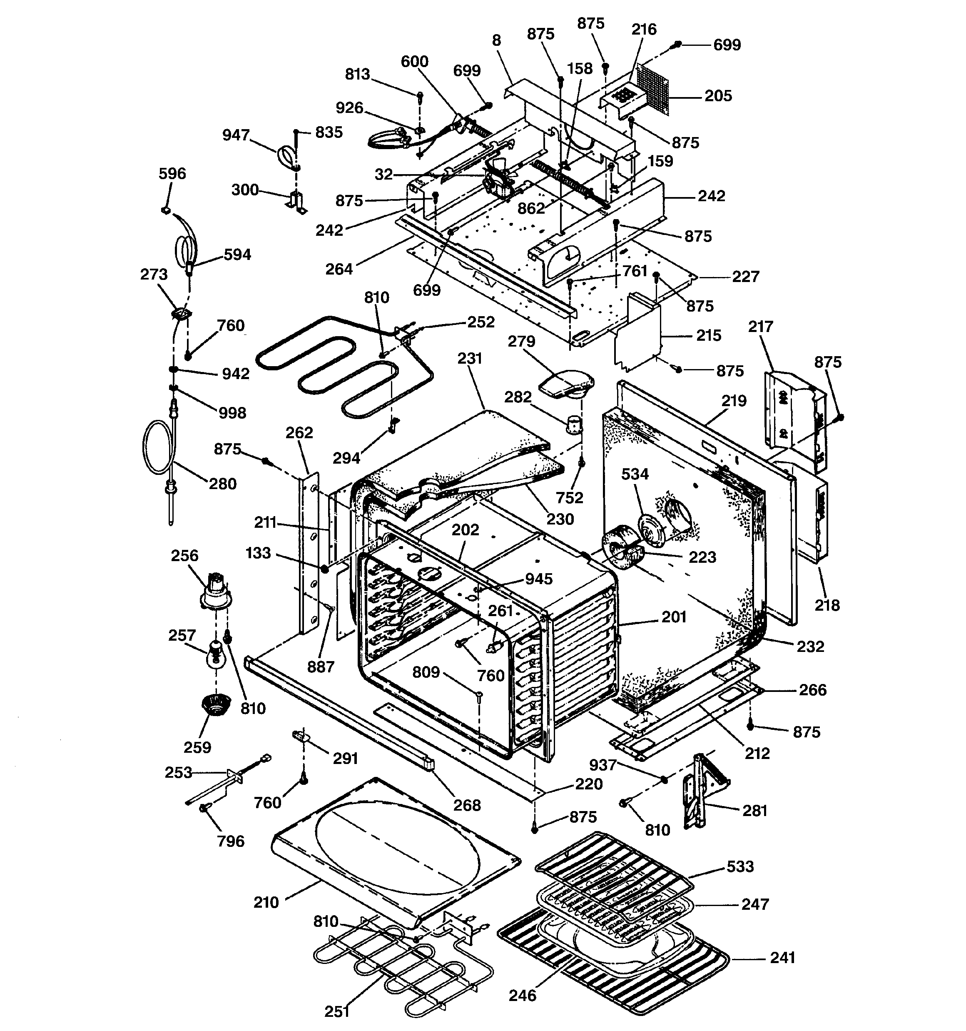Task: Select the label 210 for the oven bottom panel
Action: [266, 902]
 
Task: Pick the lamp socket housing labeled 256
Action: [216, 590]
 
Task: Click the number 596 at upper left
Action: [172, 174]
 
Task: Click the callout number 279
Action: [521, 341]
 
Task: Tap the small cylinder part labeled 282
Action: [573, 426]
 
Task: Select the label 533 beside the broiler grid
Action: [740, 866]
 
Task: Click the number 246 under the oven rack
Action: [522, 995]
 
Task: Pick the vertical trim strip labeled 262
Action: [308, 550]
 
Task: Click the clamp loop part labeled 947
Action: [286, 155]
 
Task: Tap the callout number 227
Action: [746, 277]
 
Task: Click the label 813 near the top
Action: [357, 75]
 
